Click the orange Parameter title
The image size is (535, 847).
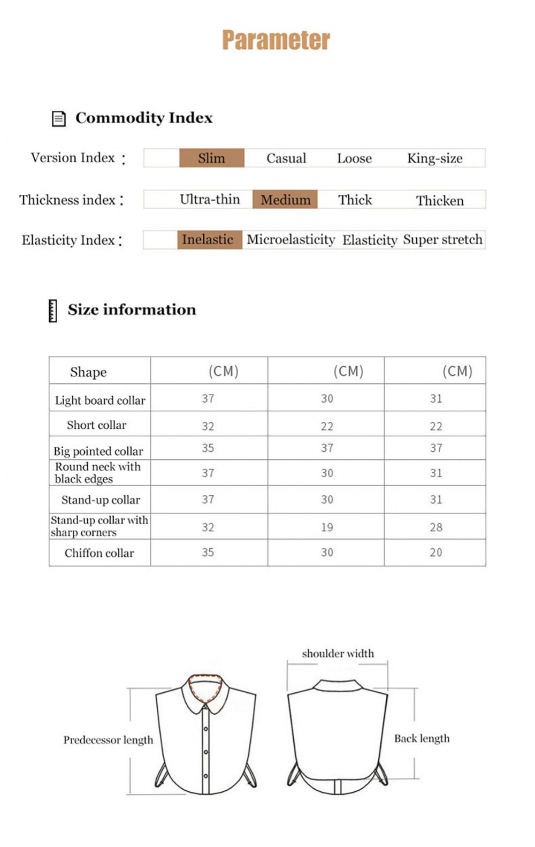click(x=276, y=40)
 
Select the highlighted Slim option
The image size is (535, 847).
click(x=212, y=158)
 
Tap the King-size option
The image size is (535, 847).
click(x=434, y=158)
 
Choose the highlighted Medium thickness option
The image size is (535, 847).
click(x=285, y=200)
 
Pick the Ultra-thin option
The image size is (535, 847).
click(x=210, y=200)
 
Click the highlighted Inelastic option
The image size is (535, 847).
click(x=208, y=239)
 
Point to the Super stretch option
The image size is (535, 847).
click(x=442, y=239)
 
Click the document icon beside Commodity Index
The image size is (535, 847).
click(x=58, y=118)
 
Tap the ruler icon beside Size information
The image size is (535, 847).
click(x=52, y=311)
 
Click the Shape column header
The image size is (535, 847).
click(x=88, y=372)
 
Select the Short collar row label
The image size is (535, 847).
click(x=97, y=425)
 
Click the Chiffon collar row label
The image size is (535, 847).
click(x=100, y=553)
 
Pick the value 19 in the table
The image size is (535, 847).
click(x=327, y=527)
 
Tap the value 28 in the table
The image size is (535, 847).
click(x=436, y=527)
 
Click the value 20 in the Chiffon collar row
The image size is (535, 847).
click(x=436, y=553)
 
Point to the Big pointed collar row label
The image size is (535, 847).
click(x=98, y=451)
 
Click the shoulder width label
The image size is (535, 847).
click(x=338, y=653)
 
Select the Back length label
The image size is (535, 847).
click(x=422, y=738)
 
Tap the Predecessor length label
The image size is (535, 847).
click(x=108, y=740)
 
